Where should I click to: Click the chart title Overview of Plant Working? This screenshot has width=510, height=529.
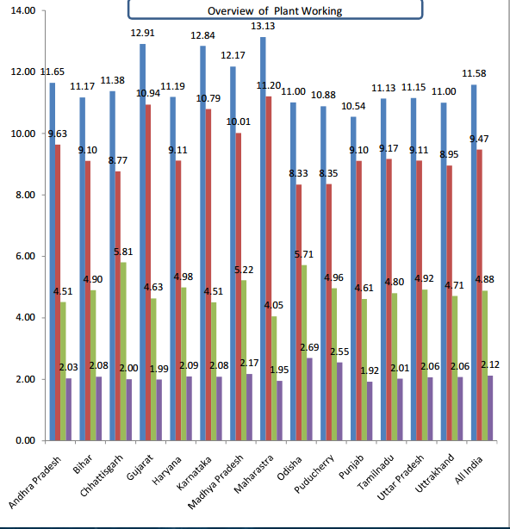[x=275, y=11]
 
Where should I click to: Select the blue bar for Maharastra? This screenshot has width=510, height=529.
[x=263, y=239]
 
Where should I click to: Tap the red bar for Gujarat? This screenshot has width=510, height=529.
[x=148, y=272]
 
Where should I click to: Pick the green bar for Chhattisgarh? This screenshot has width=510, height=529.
[x=123, y=352]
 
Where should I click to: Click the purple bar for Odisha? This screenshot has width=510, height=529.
[x=309, y=399]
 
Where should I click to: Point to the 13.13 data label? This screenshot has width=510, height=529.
[x=263, y=27]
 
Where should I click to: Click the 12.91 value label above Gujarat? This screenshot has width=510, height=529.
[x=142, y=33]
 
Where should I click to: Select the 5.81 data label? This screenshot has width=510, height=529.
[x=123, y=252]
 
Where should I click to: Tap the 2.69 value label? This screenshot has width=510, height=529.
[x=309, y=347]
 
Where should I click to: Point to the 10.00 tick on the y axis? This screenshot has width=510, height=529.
[x=23, y=134]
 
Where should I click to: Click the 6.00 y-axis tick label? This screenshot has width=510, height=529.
[x=25, y=256]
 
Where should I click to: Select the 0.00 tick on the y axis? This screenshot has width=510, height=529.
[x=25, y=440]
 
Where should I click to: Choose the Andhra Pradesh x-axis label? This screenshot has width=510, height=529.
[x=34, y=482]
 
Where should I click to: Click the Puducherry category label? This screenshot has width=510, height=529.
[x=314, y=474]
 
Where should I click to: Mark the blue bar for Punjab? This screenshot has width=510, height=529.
[x=353, y=278]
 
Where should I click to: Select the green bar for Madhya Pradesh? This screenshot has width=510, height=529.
[x=244, y=360]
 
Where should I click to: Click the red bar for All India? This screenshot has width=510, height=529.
[x=479, y=295]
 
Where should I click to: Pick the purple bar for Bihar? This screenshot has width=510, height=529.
[x=98, y=408]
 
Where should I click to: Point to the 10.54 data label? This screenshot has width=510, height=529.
[x=353, y=106]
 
